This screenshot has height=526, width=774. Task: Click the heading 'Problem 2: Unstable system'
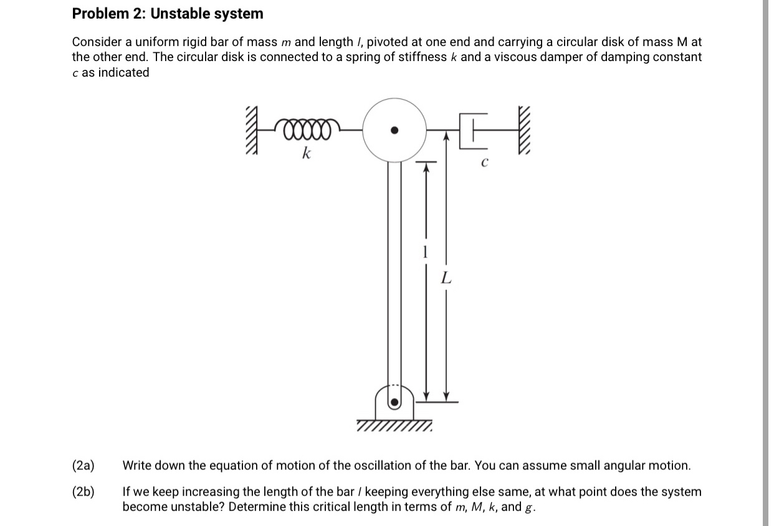click(x=167, y=14)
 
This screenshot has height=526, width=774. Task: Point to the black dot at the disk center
click(x=393, y=130)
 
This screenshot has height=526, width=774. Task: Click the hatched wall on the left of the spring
click(x=252, y=132)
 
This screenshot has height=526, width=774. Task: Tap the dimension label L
click(x=445, y=279)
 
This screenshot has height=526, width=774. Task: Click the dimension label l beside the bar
click(x=425, y=251)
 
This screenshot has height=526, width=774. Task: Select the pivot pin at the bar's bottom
click(x=394, y=402)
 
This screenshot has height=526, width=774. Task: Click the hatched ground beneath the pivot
click(x=394, y=427)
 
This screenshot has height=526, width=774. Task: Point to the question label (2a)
click(x=84, y=466)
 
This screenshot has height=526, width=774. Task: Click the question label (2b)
click(x=84, y=492)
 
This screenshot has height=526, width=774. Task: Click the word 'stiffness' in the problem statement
click(x=421, y=57)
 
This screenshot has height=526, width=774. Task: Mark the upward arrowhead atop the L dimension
click(x=446, y=135)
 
